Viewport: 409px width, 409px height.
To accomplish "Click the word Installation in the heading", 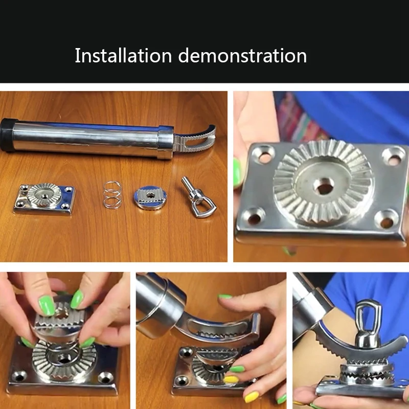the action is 123,55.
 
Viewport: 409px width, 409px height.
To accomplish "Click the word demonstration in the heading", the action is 242,55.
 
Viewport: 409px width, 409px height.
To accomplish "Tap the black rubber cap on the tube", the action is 7,135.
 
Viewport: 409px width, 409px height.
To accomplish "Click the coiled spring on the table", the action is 112,195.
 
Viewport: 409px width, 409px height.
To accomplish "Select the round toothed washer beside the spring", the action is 150,197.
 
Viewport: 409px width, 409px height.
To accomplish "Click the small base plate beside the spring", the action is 44,199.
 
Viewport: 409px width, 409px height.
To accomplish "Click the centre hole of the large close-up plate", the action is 324,186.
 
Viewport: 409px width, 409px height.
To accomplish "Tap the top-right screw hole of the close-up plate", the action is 393,156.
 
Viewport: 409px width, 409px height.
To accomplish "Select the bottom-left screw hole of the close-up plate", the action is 254,216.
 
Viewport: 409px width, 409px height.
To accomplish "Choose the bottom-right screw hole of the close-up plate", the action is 387,219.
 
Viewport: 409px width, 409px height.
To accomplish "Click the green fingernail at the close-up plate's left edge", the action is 237,173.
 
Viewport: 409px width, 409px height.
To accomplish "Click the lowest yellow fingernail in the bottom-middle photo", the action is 252,397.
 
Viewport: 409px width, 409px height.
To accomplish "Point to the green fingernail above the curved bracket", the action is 225,297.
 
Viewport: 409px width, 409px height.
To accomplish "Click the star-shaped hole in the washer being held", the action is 61,313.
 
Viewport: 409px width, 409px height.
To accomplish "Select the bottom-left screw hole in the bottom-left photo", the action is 19,376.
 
